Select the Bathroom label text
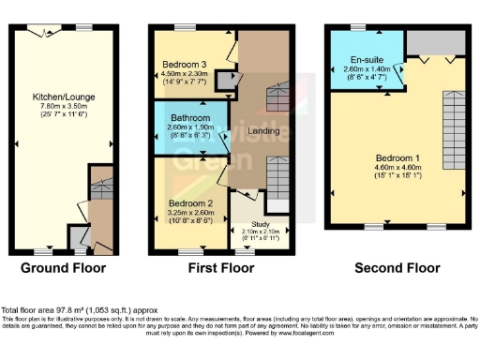190,117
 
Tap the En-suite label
357,61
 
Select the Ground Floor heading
62,268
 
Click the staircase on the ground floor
97,207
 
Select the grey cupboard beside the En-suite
436,42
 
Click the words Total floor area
27,309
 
